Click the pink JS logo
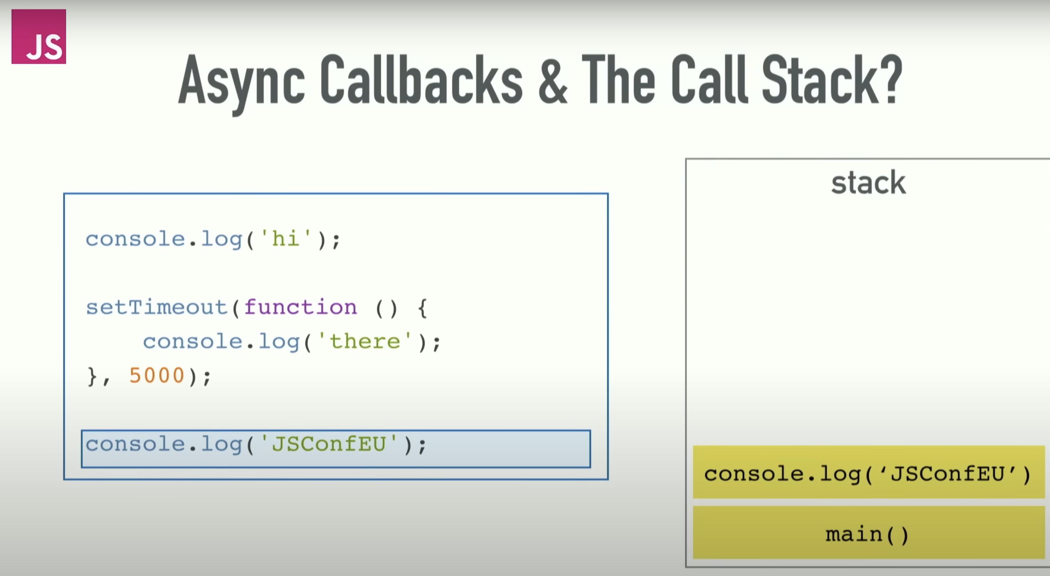point(39,36)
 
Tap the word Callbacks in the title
point(421,79)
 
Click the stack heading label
point(868,183)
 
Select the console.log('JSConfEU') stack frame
point(868,472)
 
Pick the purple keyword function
point(300,307)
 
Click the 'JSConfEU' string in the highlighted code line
point(329,444)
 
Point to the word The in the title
point(618,79)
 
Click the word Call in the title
point(709,79)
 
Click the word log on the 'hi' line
point(221,239)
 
